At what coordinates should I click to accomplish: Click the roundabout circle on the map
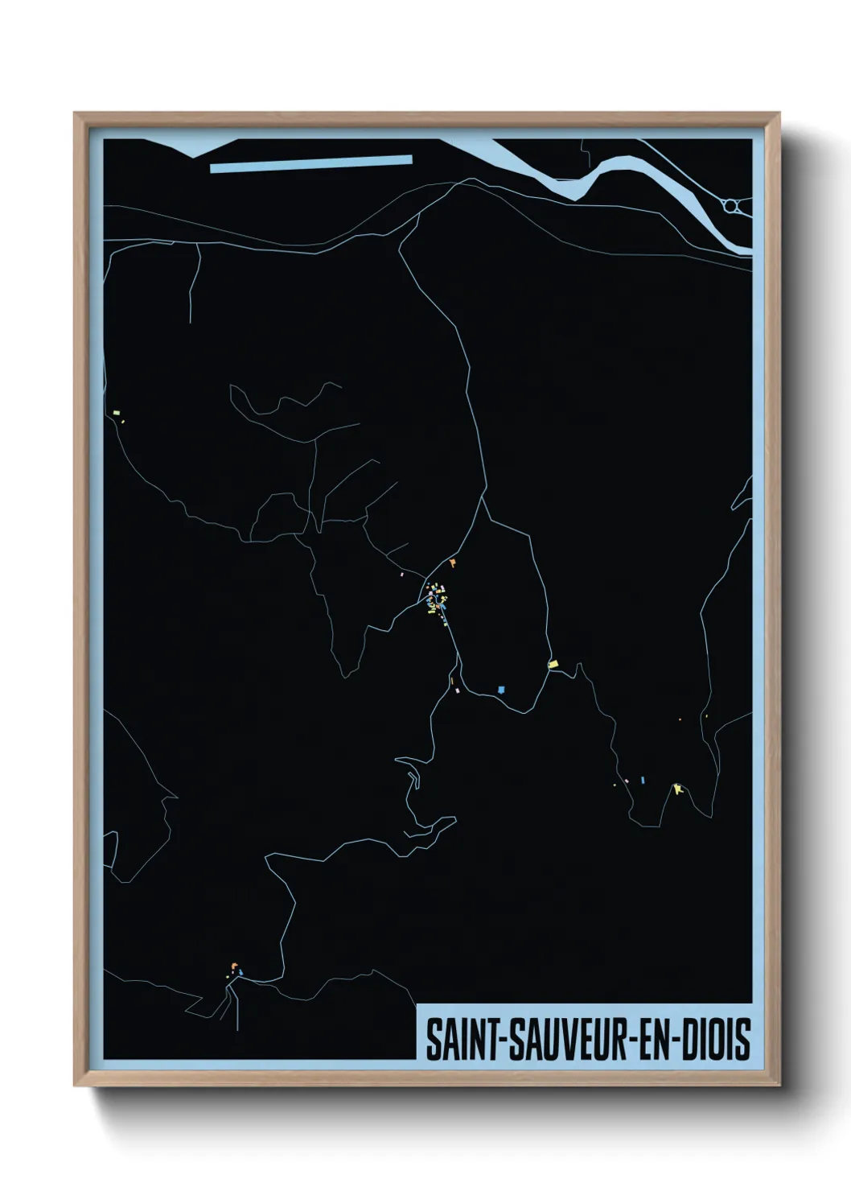coord(730,206)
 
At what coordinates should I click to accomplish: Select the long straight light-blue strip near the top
coord(310,163)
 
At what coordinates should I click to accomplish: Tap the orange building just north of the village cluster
coord(454,563)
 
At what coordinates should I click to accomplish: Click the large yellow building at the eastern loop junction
coord(553,664)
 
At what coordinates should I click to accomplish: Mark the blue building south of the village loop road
coord(501,689)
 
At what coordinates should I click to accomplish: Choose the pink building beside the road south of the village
coord(457,690)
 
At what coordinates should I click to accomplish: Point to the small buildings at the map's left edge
coord(117,415)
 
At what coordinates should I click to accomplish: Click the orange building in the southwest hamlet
coord(234,966)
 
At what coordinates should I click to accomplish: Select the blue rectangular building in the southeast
coord(643,779)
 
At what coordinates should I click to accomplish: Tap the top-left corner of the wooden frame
coord(76,113)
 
